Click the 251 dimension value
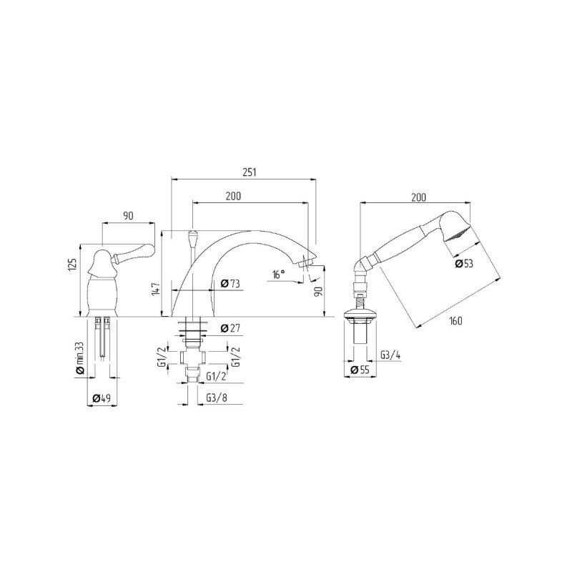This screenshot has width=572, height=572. click(x=250, y=172)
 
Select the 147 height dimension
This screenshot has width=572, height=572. click(x=156, y=289)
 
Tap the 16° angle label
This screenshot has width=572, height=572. click(x=279, y=275)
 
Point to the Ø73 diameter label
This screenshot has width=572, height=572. click(x=230, y=283)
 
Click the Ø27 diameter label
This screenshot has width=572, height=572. click(x=230, y=328)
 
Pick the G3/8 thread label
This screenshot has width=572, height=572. click(x=217, y=398)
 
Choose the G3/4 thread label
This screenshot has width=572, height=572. click(x=390, y=355)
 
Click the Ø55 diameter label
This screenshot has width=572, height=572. click(x=360, y=370)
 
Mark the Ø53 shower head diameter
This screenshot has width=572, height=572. click(x=464, y=263)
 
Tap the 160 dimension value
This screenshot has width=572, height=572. click(x=455, y=320)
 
